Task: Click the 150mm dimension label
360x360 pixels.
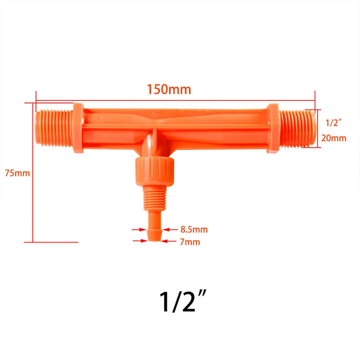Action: (x=169, y=89)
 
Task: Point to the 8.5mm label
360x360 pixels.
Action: (x=194, y=229)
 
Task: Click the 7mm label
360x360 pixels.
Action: (x=189, y=242)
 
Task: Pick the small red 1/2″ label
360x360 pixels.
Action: (x=333, y=121)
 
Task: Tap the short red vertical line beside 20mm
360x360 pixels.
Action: (x=319, y=128)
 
